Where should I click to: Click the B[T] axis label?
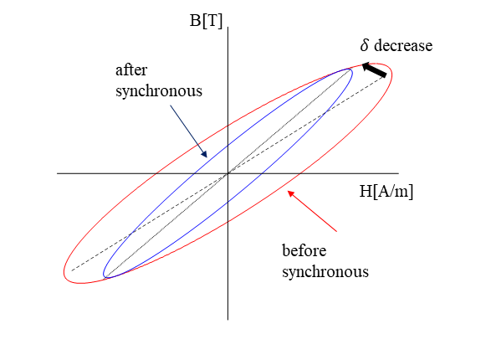coord(206,21)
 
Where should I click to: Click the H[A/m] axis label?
coord(386,191)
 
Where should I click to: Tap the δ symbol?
coord(365,45)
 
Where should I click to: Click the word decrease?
coord(403,45)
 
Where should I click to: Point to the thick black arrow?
coord(375,69)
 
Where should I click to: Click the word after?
coord(131,70)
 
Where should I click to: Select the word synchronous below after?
coord(159,91)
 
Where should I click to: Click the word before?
coord(304,250)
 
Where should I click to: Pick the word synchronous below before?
coord(325,272)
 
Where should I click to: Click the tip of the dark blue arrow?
coord(207,157)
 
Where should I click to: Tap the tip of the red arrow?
coord(289,191)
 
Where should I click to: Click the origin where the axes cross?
coord(228,173)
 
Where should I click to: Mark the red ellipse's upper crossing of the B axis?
coord(228,126)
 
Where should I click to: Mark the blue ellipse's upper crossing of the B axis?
coord(228,145)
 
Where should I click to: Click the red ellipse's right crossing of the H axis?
coord(299,173)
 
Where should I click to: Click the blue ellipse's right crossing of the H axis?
coord(262,173)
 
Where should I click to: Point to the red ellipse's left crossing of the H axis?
coord(156,173)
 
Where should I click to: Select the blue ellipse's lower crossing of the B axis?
coord(228,202)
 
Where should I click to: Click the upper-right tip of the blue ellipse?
coord(351,70)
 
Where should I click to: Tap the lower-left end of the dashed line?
coord(72,270)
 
